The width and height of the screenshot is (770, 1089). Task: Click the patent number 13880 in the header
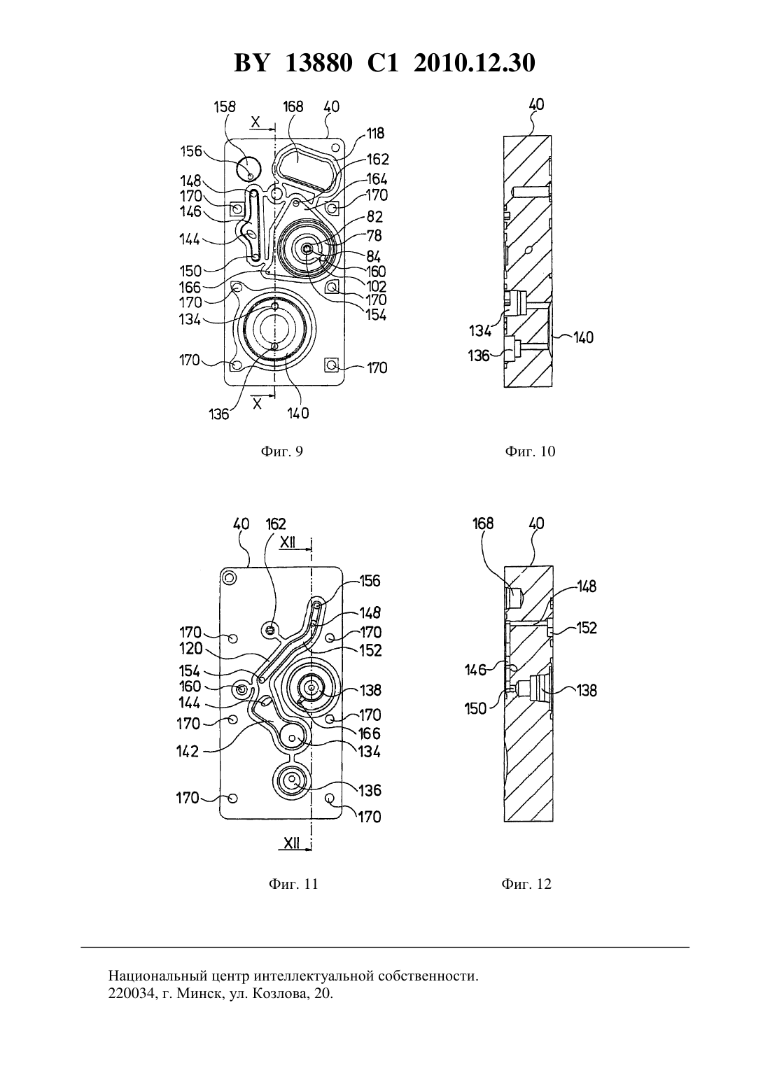(318, 63)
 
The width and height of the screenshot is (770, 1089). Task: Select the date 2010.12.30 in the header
(475, 63)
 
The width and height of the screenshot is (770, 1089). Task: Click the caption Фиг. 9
(282, 451)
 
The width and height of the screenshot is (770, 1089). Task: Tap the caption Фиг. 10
(530, 451)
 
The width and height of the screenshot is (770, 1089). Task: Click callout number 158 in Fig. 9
(225, 106)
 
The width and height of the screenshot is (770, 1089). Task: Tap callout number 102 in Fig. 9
(375, 286)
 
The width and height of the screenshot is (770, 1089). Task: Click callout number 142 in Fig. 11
(188, 752)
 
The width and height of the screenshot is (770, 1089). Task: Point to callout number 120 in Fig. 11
(191, 649)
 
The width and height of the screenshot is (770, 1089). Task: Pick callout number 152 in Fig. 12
(586, 628)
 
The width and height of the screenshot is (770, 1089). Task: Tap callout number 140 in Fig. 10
(583, 337)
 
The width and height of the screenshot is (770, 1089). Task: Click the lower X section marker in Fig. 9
(257, 403)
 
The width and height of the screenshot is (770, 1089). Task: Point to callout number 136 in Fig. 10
(478, 356)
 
